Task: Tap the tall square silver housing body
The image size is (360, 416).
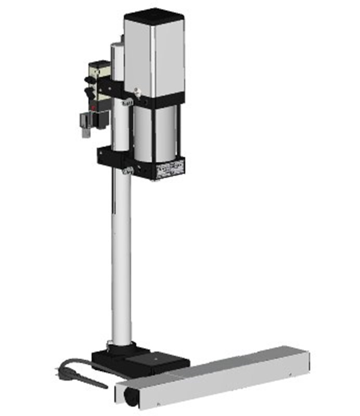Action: (x=155, y=57)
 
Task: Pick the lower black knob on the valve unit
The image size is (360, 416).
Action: (x=89, y=94)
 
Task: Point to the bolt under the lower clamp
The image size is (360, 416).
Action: (x=126, y=171)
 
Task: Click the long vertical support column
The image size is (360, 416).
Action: (x=121, y=250)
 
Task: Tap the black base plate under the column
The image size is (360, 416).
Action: (x=140, y=359)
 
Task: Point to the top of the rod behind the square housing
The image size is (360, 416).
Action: (x=117, y=47)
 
